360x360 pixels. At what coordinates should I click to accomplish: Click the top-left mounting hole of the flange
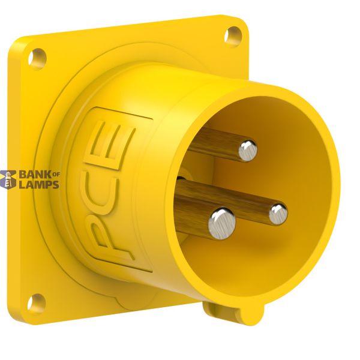(x=37, y=59)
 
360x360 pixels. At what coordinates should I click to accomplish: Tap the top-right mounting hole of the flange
(x=233, y=37)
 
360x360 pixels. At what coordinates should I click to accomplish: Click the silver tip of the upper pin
(x=248, y=151)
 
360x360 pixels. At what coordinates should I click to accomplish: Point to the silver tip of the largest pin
(x=222, y=223)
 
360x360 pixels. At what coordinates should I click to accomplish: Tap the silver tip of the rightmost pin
(x=278, y=214)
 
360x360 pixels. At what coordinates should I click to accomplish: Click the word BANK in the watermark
(x=35, y=175)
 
